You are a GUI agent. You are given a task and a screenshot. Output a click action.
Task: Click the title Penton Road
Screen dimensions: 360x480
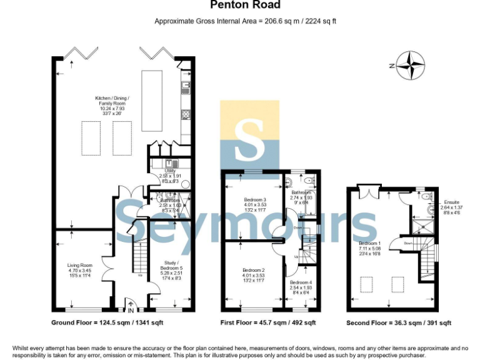pos(241,6)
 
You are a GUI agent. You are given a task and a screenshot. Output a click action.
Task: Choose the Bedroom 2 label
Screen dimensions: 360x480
pos(255,275)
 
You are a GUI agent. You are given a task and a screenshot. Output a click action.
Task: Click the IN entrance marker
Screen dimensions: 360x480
pos(131,309)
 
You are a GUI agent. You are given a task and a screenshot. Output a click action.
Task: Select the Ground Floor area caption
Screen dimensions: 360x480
pos(107,323)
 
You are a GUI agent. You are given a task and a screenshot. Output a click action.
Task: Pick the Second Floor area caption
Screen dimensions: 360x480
pos(399,323)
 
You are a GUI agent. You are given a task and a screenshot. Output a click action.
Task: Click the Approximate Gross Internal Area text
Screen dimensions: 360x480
pos(246,21)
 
